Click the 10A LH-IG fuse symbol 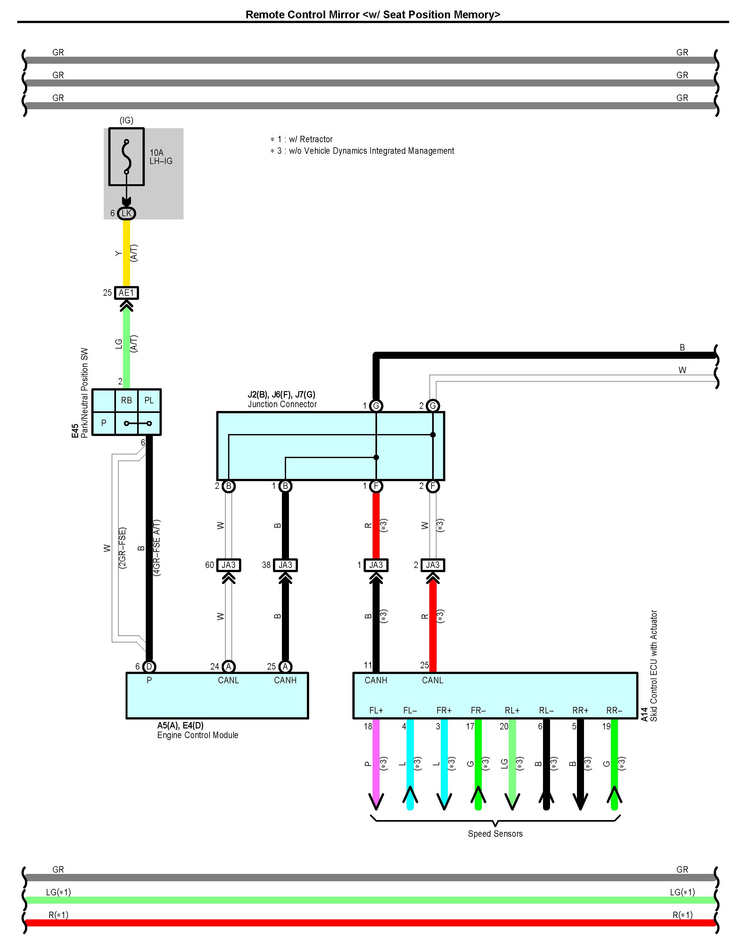[126, 156]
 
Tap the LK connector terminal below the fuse [126, 213]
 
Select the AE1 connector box [126, 293]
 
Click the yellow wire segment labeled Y [126, 254]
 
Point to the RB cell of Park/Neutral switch [126, 400]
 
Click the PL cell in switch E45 [149, 400]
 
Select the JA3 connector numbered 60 [228, 565]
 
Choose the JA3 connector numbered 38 [285, 565]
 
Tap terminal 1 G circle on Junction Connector [376, 406]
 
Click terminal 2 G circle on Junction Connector [432, 406]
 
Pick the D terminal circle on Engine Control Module [149, 666]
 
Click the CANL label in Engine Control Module [228, 680]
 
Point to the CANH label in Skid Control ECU [376, 680]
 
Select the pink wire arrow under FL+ [376, 764]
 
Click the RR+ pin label [580, 710]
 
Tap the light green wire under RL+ [512, 764]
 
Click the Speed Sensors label [495, 834]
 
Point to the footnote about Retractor [301, 139]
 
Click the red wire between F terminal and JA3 [376, 526]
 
